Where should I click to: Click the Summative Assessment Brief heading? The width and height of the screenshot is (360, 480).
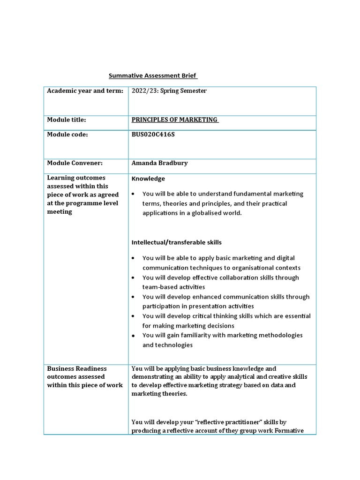coord(153,75)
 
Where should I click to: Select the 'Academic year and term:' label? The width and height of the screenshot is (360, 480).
coord(85,91)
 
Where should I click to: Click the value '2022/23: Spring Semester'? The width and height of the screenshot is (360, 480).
coord(169,91)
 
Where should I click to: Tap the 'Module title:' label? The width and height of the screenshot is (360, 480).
coord(67,120)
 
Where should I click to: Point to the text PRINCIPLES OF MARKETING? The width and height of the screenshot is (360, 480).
coord(175,120)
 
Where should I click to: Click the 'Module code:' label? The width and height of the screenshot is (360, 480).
coord(67,135)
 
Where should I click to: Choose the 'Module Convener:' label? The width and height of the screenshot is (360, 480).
coord(75,163)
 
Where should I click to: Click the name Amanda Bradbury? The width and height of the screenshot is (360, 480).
coord(159,163)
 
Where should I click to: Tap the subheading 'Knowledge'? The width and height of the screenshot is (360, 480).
coord(148,179)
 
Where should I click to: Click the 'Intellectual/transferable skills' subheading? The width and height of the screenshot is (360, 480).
coord(177,242)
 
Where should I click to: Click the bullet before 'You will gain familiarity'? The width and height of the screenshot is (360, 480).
coord(134,336)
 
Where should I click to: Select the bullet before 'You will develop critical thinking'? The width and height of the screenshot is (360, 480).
coord(134,316)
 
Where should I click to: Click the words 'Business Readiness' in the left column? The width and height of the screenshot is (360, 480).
coord(77,369)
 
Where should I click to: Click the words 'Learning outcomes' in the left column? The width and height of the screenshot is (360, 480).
coord(76,178)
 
